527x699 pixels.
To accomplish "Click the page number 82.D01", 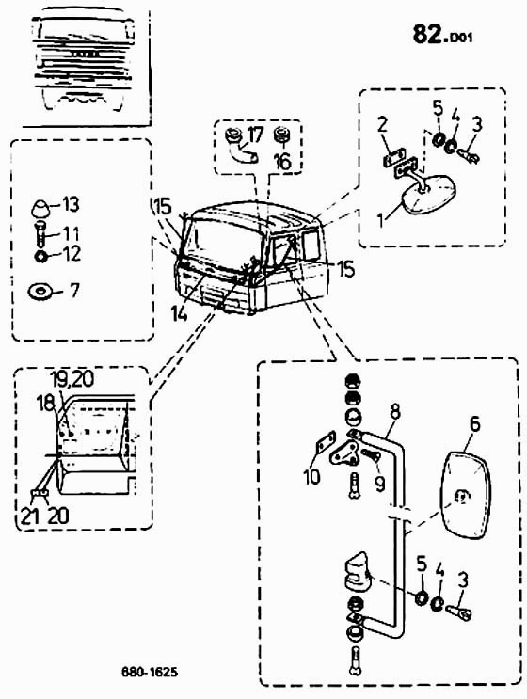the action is coord(442,35).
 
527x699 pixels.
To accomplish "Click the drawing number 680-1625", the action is coord(150,672).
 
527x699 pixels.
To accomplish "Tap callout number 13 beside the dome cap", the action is coord(70,204).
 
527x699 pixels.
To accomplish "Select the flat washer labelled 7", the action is coord(40,292).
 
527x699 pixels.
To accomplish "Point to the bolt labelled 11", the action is coord(40,233).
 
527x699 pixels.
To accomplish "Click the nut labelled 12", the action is coord(40,256).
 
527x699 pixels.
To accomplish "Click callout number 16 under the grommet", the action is coord(282,161).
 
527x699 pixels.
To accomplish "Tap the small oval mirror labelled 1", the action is coord(428,194).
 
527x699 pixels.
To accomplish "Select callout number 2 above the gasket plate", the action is coord(383,125).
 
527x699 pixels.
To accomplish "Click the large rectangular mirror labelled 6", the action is coord(465,497).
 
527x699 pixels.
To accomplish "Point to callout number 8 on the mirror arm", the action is coord(395,412).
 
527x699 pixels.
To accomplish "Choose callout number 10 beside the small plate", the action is coord(311,477).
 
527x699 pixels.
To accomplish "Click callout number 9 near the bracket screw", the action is coord(380,484).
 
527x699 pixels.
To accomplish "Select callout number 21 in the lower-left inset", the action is coord(28,516).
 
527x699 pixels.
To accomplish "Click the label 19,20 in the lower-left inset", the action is coord(72,379).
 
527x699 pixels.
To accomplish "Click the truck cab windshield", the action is coord(223,240).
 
